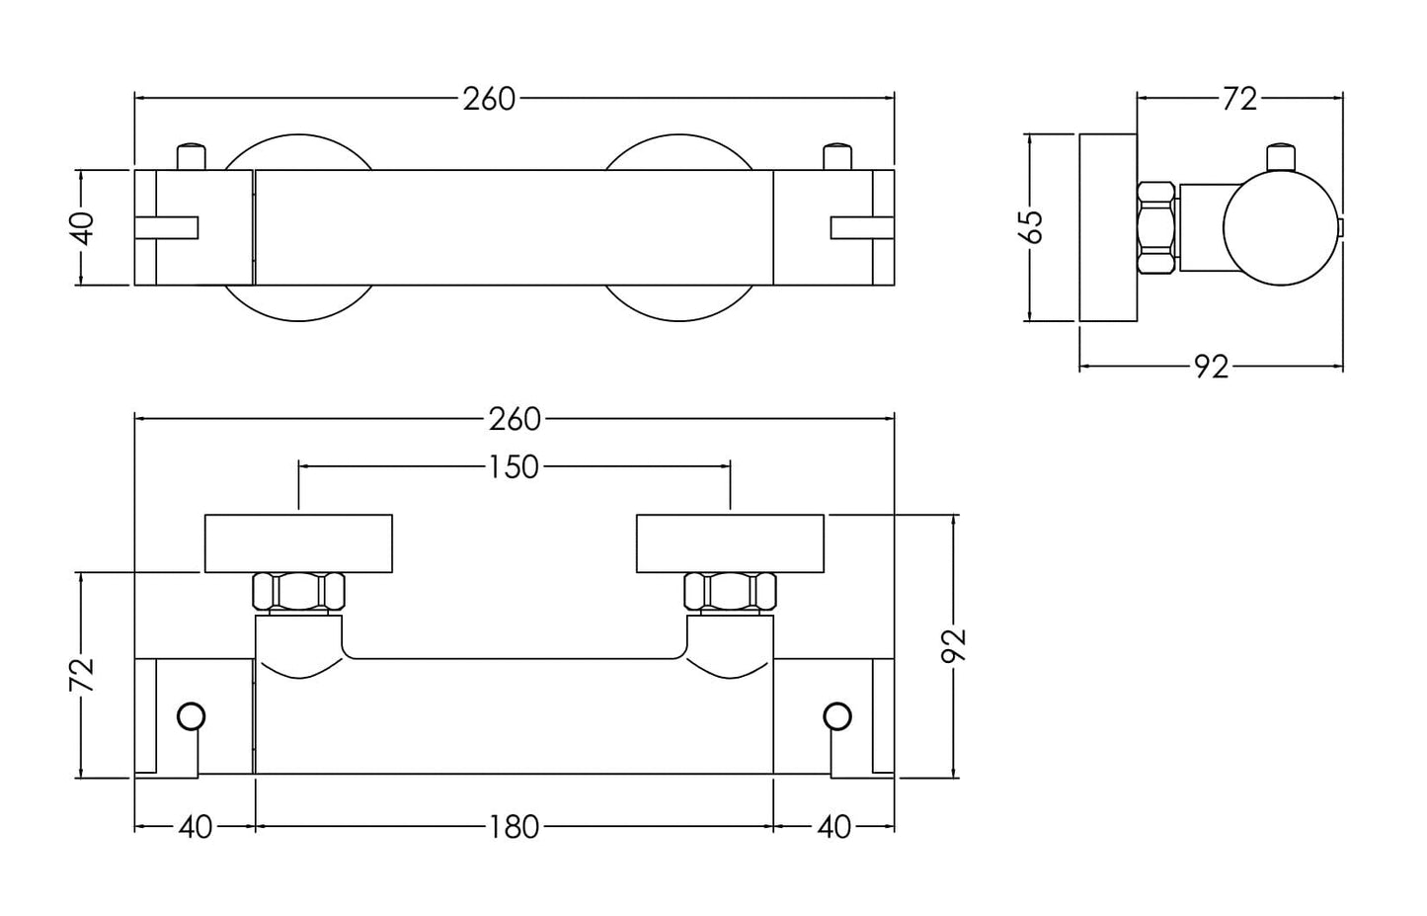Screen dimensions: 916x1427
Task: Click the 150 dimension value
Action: click(514, 465)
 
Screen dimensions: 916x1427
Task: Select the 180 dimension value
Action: click(514, 826)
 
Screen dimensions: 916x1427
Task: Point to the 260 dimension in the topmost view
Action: click(490, 98)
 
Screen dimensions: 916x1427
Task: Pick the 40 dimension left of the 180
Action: click(195, 826)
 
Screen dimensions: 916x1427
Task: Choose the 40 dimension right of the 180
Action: click(834, 826)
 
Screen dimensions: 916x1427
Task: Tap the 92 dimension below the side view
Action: click(1211, 367)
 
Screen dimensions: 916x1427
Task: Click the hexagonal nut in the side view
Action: click(1157, 227)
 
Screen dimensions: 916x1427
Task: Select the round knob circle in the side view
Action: click(1280, 227)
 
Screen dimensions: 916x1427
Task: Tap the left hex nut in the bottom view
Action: click(298, 593)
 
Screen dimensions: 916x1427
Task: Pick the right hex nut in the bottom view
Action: click(730, 593)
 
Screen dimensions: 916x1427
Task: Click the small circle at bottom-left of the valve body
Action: click(191, 716)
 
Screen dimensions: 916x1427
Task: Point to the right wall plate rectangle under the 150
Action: click(730, 543)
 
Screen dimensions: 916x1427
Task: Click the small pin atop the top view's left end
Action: click(192, 156)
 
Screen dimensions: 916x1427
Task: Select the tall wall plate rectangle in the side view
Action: click(1107, 227)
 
